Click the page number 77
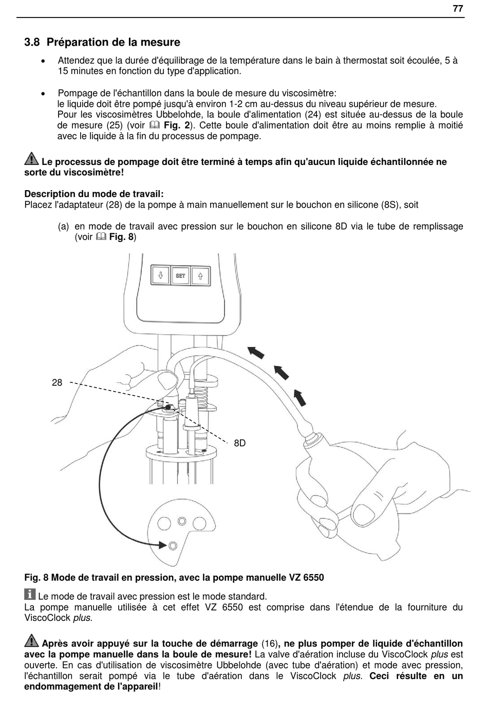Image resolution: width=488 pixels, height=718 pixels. point(458,8)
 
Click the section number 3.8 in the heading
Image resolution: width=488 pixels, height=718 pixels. point(32,43)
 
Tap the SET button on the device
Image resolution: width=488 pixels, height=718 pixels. point(180,275)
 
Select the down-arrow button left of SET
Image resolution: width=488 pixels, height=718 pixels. point(160,275)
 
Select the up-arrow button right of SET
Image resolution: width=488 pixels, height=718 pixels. point(200,275)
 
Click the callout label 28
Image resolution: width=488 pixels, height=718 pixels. point(57,382)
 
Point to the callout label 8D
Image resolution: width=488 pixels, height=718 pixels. point(240,443)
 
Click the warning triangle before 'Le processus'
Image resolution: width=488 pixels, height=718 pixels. point(31,159)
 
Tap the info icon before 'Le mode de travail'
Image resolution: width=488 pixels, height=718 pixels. point(30,594)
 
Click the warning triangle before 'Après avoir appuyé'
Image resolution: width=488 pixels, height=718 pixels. point(31,641)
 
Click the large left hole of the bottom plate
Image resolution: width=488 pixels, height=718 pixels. point(164,524)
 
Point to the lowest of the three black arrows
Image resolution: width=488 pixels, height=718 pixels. point(299,397)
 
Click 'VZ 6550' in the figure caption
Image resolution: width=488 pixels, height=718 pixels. point(307,578)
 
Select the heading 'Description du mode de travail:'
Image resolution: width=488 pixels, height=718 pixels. point(94,194)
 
